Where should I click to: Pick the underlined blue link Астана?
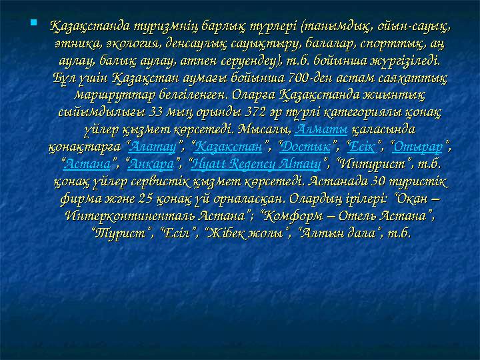click(87, 164)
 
